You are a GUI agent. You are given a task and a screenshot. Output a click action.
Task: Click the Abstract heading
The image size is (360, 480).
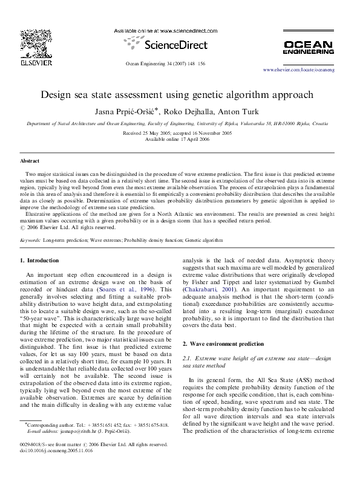tap(30, 162)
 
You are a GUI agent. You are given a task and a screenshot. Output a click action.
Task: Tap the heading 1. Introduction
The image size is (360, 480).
tap(39, 261)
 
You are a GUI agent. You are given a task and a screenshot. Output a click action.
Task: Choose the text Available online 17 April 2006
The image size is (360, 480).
tap(180, 138)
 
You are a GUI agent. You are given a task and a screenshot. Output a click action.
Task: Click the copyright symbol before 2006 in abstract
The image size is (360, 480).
tap(24, 228)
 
